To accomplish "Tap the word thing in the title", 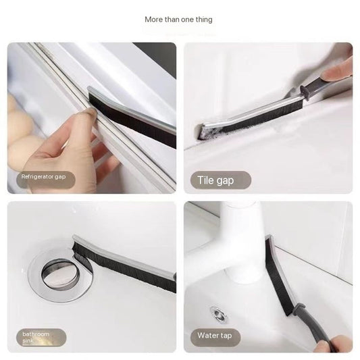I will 203,20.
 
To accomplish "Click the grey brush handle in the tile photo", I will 317,86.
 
